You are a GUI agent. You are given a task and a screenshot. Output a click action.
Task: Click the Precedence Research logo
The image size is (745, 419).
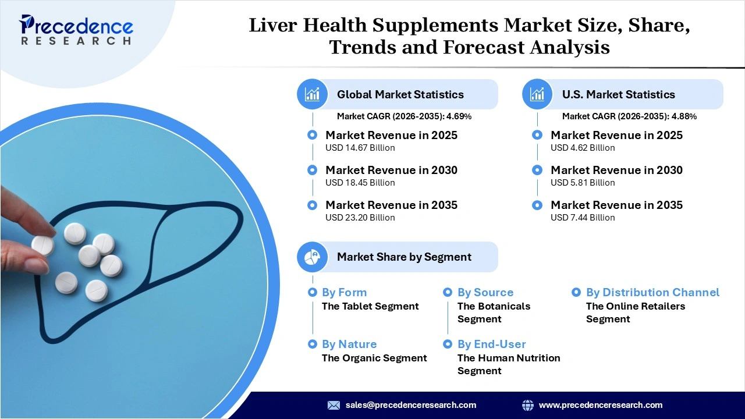(76, 29)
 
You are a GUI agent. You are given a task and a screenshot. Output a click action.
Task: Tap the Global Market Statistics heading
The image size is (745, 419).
(400, 94)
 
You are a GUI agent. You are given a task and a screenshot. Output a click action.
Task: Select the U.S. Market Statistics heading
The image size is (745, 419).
(618, 94)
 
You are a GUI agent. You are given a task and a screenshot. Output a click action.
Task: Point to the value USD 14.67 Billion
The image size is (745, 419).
(360, 148)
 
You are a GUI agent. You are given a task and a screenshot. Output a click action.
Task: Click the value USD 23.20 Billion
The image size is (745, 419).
(360, 218)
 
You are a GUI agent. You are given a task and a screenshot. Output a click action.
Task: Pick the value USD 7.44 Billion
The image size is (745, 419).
(583, 218)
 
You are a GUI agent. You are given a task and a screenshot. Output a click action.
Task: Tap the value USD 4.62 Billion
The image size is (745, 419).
(583, 148)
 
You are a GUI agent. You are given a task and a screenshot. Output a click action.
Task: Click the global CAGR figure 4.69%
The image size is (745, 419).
(459, 116)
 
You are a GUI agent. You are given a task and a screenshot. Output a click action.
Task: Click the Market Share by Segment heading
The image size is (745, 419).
(404, 257)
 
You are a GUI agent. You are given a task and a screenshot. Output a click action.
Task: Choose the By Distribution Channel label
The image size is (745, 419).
(652, 292)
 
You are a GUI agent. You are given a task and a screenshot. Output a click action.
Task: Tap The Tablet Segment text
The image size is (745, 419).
(370, 306)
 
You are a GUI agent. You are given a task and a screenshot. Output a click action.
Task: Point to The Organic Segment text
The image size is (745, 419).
(374, 358)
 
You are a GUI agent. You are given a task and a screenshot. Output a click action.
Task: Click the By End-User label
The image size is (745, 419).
(491, 344)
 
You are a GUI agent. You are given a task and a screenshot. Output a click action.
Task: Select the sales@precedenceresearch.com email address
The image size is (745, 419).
(410, 405)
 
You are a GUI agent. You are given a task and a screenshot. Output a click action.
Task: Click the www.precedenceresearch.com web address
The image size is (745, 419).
(600, 405)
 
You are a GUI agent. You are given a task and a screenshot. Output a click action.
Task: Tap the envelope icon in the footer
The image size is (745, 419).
(334, 405)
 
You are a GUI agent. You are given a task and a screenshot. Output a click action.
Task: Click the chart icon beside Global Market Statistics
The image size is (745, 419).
(313, 94)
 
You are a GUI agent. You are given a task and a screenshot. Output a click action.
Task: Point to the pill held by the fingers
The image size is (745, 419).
(42, 245)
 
